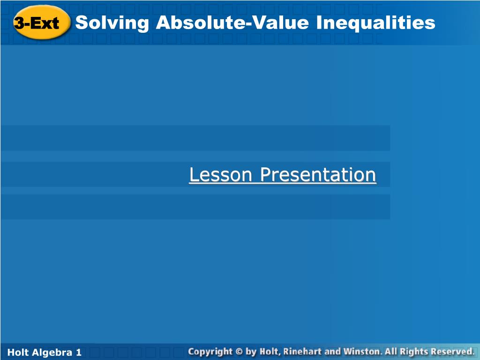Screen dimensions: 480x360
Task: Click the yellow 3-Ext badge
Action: (x=42, y=22)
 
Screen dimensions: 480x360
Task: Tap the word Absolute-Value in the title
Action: (x=232, y=22)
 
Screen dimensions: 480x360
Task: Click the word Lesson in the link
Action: (x=220, y=174)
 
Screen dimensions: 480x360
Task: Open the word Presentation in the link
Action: (x=318, y=174)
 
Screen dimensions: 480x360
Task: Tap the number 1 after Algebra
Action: (x=79, y=352)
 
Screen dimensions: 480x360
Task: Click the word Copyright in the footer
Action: (x=210, y=352)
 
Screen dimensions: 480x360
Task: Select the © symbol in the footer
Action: (x=239, y=352)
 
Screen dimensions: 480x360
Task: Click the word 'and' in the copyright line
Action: (x=332, y=352)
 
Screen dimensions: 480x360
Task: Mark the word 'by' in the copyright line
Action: (x=251, y=352)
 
